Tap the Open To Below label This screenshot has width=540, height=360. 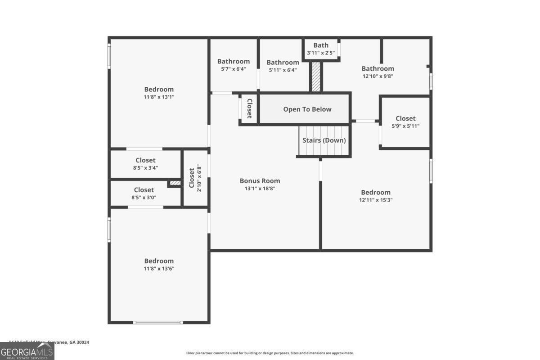pos(307,109)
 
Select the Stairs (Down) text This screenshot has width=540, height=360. pos(324,140)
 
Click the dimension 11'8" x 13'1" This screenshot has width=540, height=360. pos(159,97)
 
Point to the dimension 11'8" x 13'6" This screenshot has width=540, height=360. pos(159,269)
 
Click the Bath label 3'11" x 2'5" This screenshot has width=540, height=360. pos(321,45)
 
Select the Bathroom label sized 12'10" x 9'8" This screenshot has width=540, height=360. pos(378,68)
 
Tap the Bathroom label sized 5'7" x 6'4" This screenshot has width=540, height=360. pos(233,62)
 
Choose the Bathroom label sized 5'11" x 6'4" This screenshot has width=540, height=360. pos(283,63)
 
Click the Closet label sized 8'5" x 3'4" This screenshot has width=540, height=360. pos(145,160)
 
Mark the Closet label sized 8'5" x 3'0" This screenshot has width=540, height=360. pos(144,190)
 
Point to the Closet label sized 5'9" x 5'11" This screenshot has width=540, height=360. pos(405,118)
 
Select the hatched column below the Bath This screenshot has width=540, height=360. pos(316,77)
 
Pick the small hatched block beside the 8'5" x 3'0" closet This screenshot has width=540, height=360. pos(175,183)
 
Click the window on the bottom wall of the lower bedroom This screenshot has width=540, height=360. pos(158,322)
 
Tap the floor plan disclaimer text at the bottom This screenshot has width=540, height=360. pos(270,353)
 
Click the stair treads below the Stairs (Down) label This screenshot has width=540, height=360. pos(324,151)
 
